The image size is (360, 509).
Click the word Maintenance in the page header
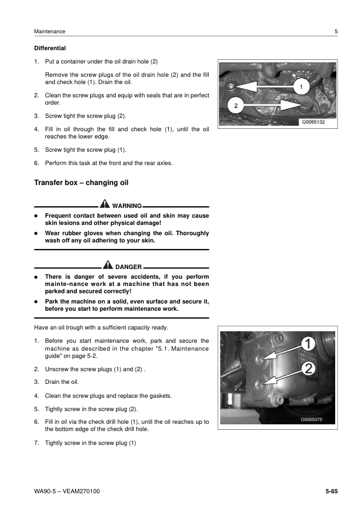click(x=50, y=31)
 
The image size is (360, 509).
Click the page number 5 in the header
click(x=336, y=31)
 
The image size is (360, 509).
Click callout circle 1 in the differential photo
click(x=301, y=87)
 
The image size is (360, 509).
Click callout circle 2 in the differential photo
click(x=237, y=106)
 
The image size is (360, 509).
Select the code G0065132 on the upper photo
click(x=313, y=122)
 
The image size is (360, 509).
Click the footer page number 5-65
click(x=331, y=490)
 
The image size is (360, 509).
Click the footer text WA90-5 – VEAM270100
click(x=67, y=490)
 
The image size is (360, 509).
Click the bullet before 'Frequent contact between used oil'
click(x=36, y=216)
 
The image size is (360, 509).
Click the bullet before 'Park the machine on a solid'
click(x=36, y=301)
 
